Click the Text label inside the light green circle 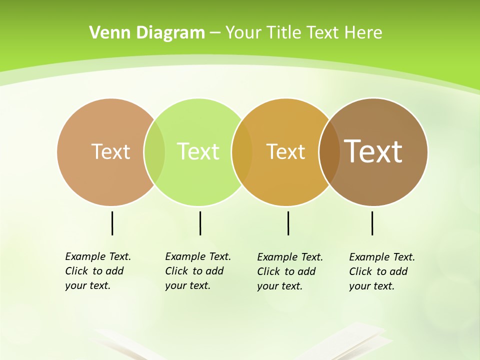click(198, 151)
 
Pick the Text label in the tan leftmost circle click(110, 151)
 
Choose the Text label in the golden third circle click(285, 151)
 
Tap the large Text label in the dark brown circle click(373, 151)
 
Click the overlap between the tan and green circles click(154, 151)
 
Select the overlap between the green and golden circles click(242, 151)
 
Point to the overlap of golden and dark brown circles click(329, 151)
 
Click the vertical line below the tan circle click(112, 223)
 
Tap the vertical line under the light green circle click(200, 223)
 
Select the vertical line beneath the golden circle click(288, 223)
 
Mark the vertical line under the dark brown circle click(372, 223)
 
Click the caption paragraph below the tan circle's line click(97, 271)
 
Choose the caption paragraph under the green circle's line click(197, 271)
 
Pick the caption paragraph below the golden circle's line click(289, 271)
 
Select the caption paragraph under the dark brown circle click(381, 271)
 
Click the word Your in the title click(244, 32)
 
